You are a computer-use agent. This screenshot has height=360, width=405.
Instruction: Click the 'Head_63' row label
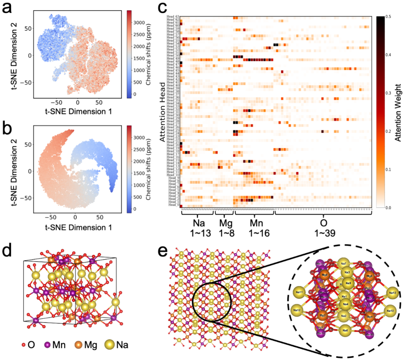click(x=174, y=17)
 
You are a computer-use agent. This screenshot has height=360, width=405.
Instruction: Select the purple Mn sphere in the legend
click(x=48, y=345)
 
